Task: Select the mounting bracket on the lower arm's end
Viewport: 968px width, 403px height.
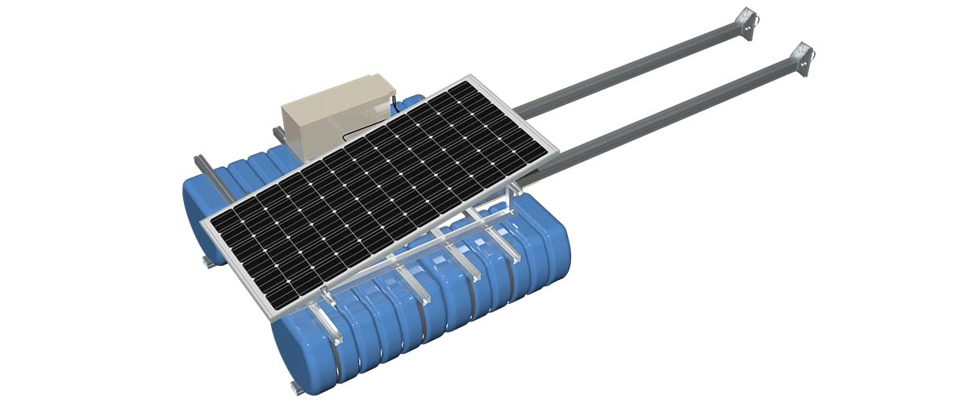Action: [802, 60]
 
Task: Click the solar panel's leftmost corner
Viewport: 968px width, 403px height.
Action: [202, 219]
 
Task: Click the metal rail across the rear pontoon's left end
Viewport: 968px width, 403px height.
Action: [206, 173]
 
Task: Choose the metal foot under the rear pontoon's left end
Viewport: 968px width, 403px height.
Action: [208, 262]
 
